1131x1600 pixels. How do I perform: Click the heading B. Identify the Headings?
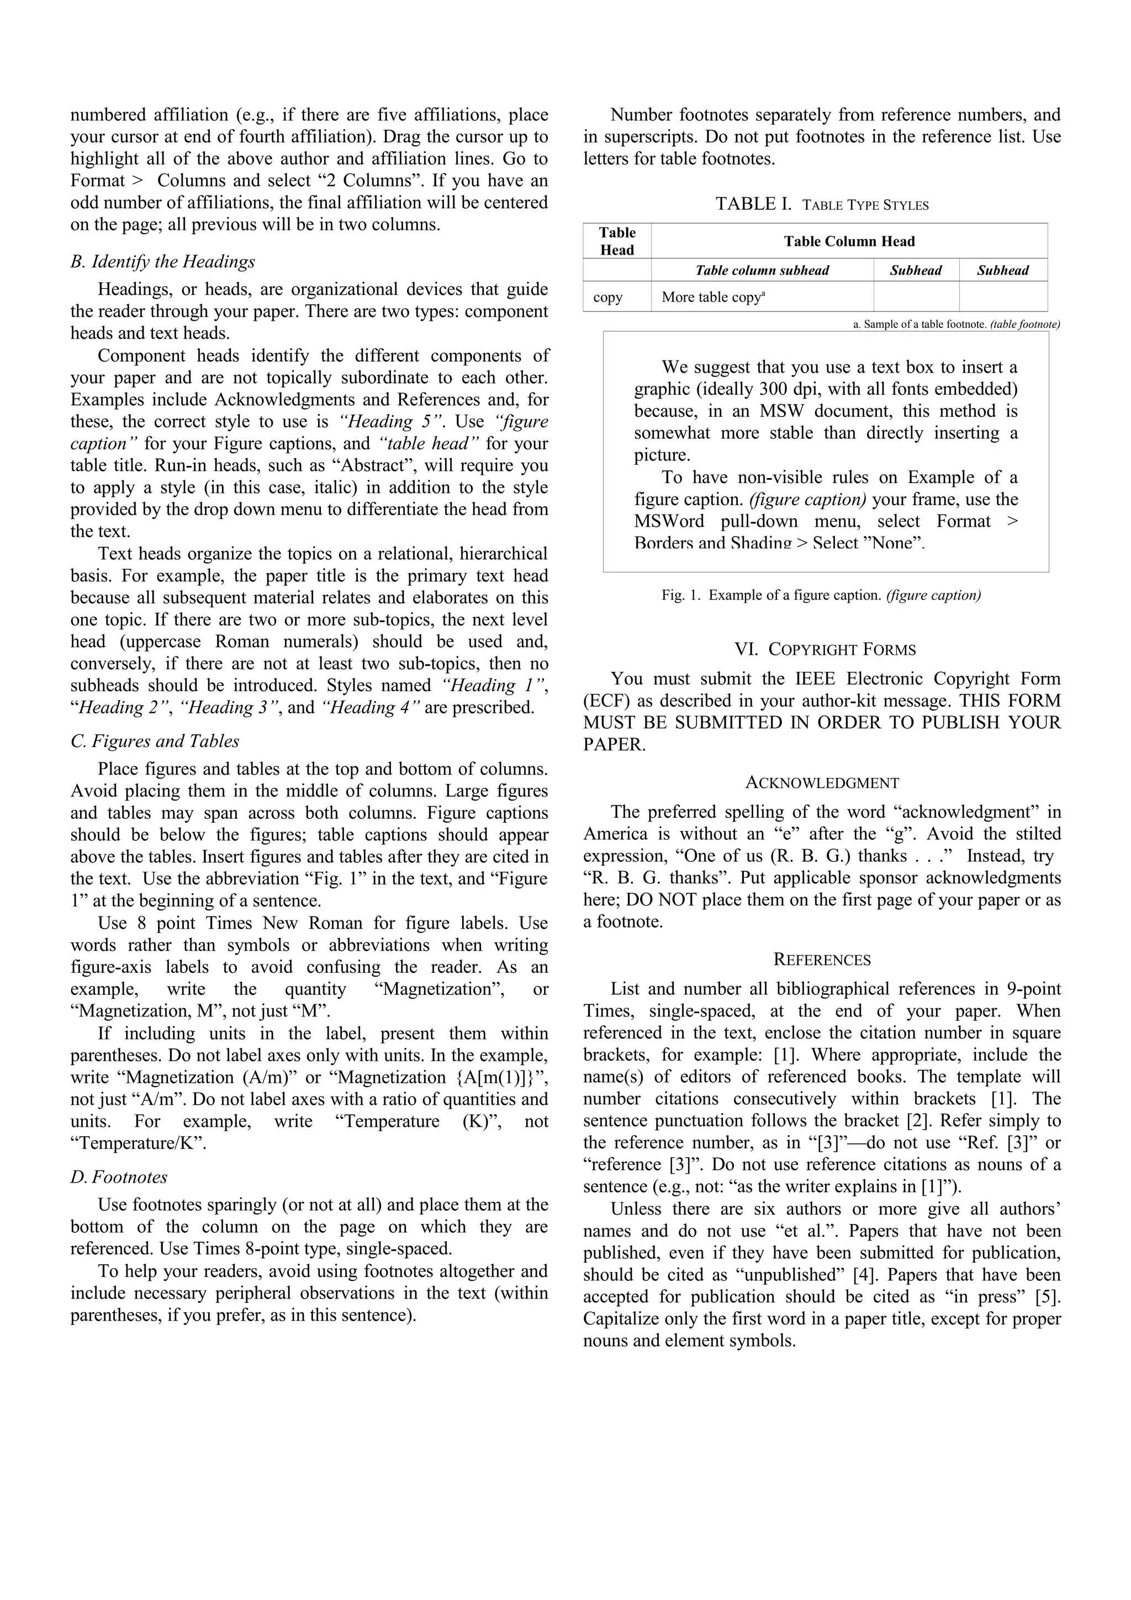162,262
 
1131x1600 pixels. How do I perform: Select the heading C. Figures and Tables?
155,741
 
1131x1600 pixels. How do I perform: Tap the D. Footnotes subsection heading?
119,1177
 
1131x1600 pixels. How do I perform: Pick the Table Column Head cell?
849,242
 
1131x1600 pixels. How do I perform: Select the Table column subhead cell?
762,271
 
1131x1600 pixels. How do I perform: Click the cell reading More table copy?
713,298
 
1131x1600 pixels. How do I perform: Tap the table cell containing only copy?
607,298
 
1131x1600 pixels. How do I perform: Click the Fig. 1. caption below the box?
821,596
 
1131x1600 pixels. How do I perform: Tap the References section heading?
822,960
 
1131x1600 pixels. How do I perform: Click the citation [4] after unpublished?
863,1275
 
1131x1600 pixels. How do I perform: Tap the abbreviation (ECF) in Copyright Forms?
606,701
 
